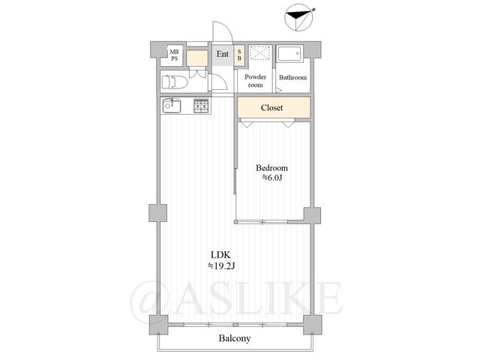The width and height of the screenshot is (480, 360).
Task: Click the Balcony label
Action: click(235, 338)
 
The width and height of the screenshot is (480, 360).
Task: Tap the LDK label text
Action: click(220, 255)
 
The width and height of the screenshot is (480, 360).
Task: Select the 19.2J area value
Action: click(221, 266)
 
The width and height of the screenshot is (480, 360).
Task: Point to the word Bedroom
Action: click(271, 168)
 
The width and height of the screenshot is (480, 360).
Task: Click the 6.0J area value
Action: click(271, 178)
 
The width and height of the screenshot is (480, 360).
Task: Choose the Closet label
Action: click(271, 108)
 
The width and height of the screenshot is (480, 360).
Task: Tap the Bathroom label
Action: click(292, 77)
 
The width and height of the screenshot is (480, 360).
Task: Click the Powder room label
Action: click(255, 81)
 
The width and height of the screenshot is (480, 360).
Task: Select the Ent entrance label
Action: click(223, 54)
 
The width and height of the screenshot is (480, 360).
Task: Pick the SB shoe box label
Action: click(239, 55)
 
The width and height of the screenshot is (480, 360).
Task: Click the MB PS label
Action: click(174, 55)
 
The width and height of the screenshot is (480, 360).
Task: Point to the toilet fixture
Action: click(174, 82)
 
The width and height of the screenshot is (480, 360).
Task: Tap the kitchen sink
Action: click(172, 106)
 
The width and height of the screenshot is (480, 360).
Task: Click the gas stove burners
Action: click(201, 106)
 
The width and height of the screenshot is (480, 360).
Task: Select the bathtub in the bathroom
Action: click(290, 53)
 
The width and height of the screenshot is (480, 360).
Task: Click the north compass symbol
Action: click(298, 17)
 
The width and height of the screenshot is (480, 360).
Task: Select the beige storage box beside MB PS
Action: click(197, 58)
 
